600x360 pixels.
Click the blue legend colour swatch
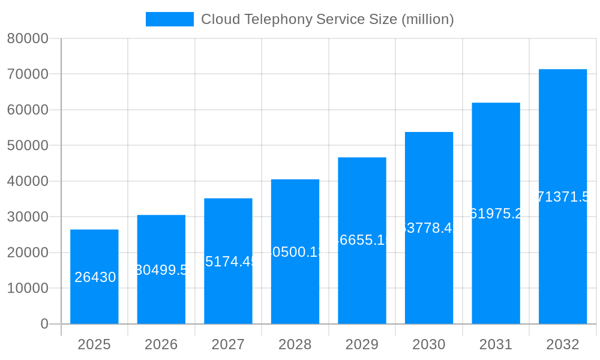point(170,19)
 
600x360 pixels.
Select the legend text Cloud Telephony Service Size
point(327,19)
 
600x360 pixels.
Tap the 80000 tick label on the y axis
point(28,39)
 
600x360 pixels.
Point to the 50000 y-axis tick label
point(28,146)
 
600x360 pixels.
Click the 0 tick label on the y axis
point(44,324)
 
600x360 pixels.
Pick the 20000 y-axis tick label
point(28,253)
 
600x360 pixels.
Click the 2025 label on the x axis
point(94,344)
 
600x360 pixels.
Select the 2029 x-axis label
point(362,344)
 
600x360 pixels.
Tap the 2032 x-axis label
point(563,344)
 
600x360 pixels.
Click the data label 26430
point(95,277)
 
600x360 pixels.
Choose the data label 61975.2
point(496,214)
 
